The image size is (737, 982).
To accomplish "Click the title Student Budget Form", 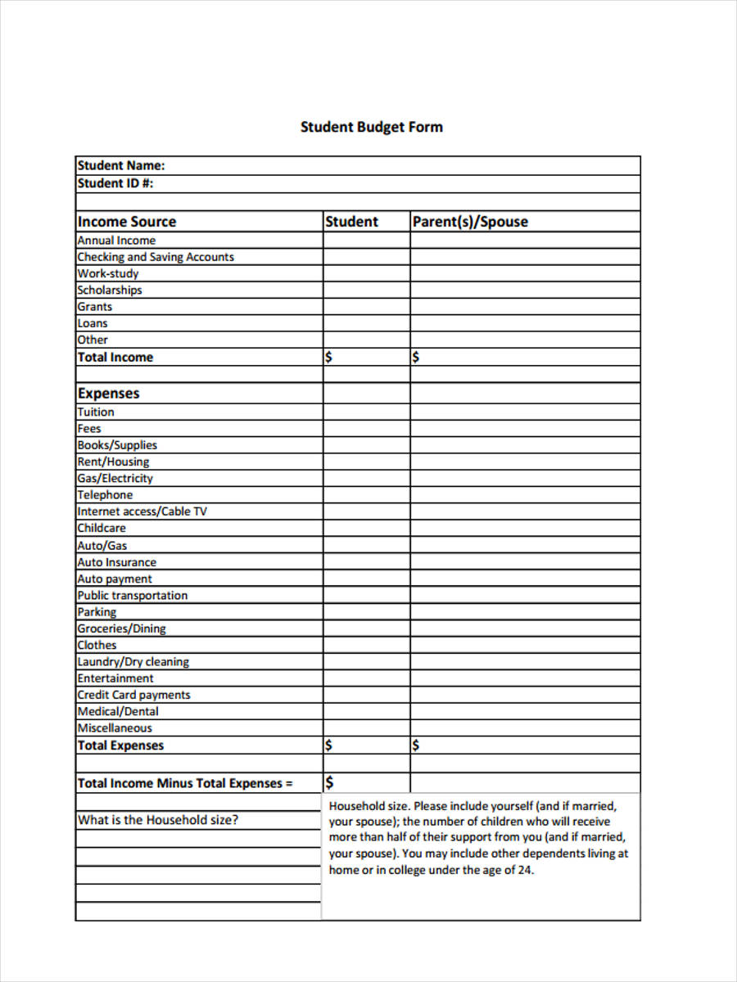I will (x=371, y=127).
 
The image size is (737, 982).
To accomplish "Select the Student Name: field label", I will (x=121, y=165).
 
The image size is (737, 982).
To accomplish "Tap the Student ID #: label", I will (x=115, y=183).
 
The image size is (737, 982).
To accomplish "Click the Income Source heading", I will (x=127, y=222).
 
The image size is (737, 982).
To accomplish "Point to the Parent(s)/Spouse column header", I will (x=470, y=222).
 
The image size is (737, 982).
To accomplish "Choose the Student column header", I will (x=352, y=222).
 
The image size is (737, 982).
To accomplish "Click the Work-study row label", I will (x=108, y=273).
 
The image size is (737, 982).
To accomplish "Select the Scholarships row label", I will (x=110, y=290).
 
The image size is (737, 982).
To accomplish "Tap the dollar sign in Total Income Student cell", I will (x=329, y=357).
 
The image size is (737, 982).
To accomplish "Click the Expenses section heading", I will (x=109, y=394).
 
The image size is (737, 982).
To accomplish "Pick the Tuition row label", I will (x=96, y=412).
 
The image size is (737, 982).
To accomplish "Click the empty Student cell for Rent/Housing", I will (x=366, y=462).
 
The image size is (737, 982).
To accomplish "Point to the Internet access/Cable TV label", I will (x=142, y=511).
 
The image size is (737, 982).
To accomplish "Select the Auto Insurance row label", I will (x=116, y=562).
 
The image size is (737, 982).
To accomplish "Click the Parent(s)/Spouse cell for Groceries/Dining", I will (x=524, y=628).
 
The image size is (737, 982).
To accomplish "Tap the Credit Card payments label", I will (x=133, y=695).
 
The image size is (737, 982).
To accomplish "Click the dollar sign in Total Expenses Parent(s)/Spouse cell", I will (x=416, y=746).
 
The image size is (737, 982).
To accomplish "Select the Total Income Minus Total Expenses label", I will (x=185, y=783).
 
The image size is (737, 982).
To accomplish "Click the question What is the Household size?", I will (x=158, y=820).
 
